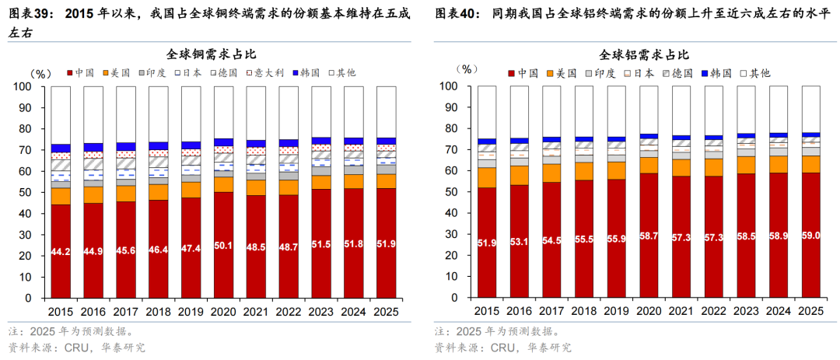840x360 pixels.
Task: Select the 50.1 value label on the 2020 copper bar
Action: click(224, 246)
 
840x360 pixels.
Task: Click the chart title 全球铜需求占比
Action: click(211, 54)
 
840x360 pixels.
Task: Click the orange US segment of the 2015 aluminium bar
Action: click(488, 177)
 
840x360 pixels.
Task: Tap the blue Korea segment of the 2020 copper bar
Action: click(224, 142)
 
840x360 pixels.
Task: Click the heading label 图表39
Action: click(30, 15)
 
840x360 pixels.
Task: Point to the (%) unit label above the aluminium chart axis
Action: click(467, 69)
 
